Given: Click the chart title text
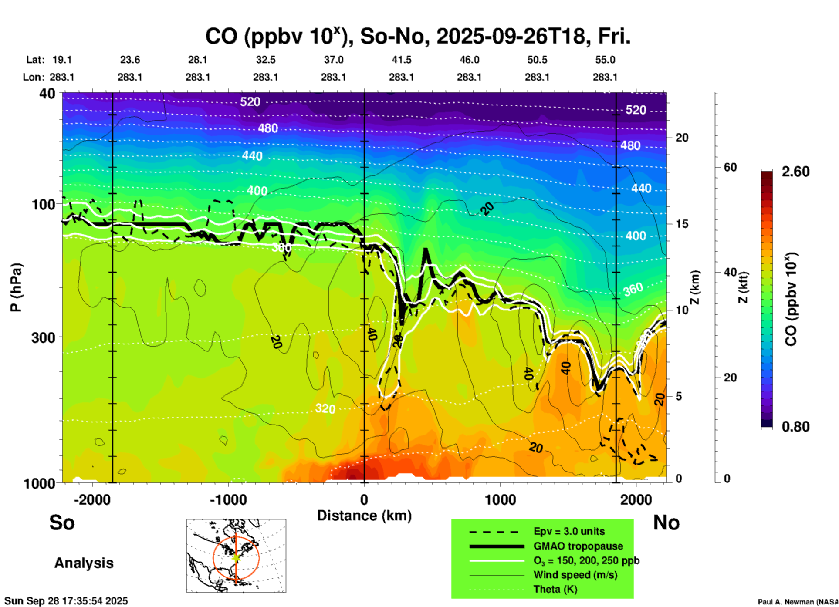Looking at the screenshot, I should (x=417, y=37).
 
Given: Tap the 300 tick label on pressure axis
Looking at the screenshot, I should (x=43, y=337).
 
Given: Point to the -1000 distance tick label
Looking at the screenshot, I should (x=228, y=500).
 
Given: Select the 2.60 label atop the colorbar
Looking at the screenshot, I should (x=795, y=172).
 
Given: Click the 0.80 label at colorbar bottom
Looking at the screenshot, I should (x=795, y=427).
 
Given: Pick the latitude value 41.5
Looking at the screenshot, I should (x=401, y=60).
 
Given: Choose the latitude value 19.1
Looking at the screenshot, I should (x=62, y=60).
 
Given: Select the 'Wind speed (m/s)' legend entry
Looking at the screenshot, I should (x=575, y=575).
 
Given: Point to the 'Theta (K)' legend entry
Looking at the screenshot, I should (x=555, y=589).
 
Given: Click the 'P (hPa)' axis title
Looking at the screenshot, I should (x=16, y=287).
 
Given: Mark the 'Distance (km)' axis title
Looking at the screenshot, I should (x=364, y=516).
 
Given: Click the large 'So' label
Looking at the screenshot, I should (x=62, y=523).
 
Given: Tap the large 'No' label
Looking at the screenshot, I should (x=666, y=523).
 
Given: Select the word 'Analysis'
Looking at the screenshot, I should (x=84, y=563).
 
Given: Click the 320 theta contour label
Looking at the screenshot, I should (x=325, y=408).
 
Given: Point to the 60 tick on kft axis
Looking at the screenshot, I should (x=730, y=167).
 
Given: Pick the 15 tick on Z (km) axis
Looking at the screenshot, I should (x=682, y=224).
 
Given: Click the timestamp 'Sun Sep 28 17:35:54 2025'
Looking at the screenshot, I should (x=66, y=601).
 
